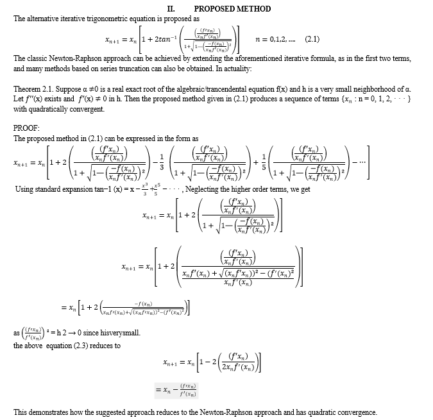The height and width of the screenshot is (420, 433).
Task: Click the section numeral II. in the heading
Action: (171, 9)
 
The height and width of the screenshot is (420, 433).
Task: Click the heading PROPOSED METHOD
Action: (232, 9)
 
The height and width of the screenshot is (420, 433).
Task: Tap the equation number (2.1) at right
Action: (312, 39)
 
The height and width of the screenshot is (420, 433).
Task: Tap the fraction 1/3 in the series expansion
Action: (162, 165)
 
